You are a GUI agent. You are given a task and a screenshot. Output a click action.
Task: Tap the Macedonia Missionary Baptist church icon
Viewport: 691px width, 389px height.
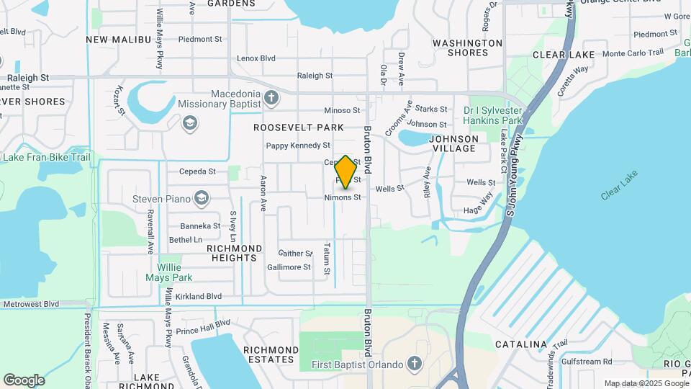pos(271,96)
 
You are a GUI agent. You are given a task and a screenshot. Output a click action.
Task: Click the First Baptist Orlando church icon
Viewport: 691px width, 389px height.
pos(414,363)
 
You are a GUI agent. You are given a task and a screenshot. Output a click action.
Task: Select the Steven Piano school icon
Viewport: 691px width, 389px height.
pos(202,198)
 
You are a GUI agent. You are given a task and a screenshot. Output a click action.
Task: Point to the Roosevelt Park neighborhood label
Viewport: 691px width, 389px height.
pos(298,127)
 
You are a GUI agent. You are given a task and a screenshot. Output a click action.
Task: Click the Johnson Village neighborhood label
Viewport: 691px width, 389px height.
pos(453,143)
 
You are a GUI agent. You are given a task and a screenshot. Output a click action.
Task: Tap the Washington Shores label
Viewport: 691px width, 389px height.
pos(467,48)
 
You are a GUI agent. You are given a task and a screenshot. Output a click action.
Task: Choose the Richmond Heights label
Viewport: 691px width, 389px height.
pos(234,253)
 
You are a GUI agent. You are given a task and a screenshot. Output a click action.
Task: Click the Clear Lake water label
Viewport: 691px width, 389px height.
pos(619,194)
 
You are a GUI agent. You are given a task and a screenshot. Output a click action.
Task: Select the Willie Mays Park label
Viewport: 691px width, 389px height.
pos(169,272)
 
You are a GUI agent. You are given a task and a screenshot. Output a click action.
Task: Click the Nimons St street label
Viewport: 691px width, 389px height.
pos(343,197)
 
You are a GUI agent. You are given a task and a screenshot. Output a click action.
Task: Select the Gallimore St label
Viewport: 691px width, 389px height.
pos(288,267)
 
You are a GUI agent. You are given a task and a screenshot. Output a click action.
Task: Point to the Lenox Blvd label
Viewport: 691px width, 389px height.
pos(257,58)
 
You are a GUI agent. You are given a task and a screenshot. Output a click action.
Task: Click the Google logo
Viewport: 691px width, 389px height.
pos(24,380)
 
